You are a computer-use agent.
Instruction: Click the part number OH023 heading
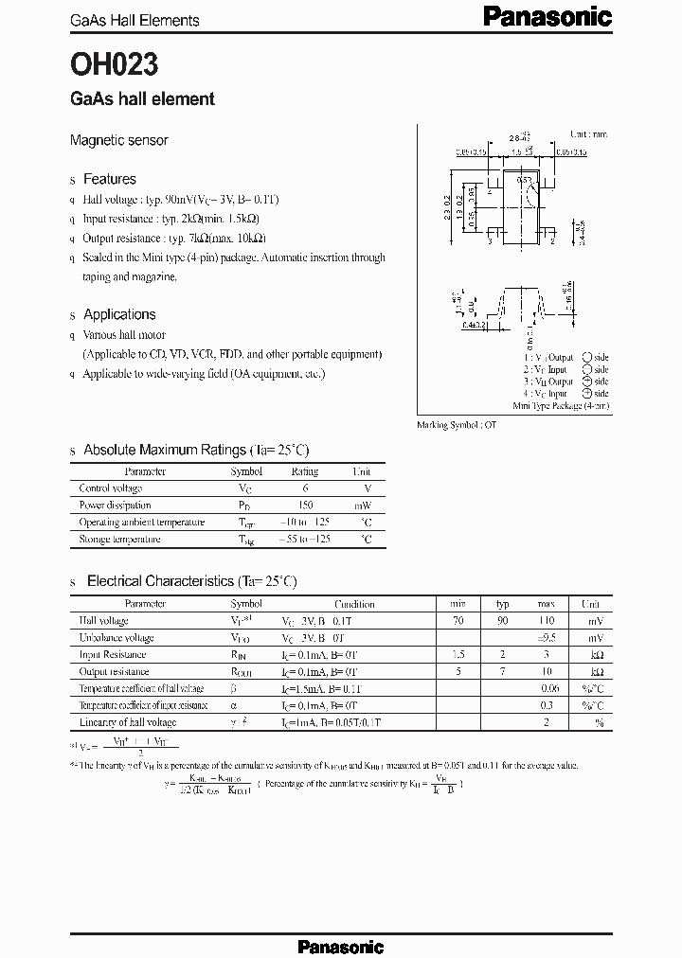(x=114, y=64)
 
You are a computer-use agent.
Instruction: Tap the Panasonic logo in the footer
(x=340, y=946)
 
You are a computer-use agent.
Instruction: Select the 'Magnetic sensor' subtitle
(x=119, y=140)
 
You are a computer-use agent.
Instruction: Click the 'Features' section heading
(x=110, y=179)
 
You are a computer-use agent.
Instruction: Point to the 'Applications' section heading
(x=119, y=314)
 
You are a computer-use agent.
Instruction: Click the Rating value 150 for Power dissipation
(x=305, y=506)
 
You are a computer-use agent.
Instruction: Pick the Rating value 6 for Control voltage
(x=305, y=488)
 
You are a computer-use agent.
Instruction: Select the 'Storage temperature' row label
(x=119, y=540)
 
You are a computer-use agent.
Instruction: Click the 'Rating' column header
(x=305, y=471)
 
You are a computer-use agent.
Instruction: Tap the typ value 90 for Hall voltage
(x=503, y=621)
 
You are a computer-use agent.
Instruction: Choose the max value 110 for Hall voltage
(x=547, y=621)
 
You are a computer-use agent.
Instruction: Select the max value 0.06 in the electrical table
(x=547, y=689)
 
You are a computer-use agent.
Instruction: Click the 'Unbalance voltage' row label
(x=117, y=638)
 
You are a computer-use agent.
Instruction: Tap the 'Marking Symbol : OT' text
(x=457, y=425)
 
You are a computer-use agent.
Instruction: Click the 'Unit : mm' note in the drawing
(x=588, y=135)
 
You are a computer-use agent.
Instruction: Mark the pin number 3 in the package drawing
(x=489, y=241)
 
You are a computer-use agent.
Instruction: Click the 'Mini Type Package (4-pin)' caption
(x=562, y=405)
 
